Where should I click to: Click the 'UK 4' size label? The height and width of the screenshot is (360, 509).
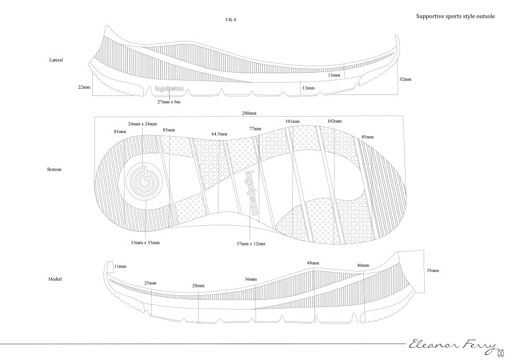click(x=231, y=20)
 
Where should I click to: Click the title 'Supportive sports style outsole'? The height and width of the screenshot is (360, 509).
click(x=455, y=16)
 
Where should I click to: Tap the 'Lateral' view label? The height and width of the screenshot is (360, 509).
click(x=56, y=60)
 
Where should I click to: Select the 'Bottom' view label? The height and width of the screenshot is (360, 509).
click(x=54, y=170)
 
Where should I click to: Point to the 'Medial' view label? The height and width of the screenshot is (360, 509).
click(x=55, y=279)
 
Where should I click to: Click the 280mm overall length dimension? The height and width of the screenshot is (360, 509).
click(x=249, y=113)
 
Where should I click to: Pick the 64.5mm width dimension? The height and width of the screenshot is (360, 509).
click(x=220, y=134)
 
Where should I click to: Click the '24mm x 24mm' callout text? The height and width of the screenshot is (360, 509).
click(x=143, y=124)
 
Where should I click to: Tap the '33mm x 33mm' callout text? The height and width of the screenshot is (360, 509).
click(x=145, y=242)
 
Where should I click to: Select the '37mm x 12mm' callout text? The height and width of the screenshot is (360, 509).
click(x=251, y=244)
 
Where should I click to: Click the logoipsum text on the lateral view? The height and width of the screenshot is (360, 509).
click(x=169, y=89)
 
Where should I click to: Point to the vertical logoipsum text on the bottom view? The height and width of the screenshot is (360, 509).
click(x=250, y=193)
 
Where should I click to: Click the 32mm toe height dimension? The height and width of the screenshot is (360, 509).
click(x=405, y=79)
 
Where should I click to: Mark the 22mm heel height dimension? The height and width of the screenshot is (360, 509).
click(x=84, y=87)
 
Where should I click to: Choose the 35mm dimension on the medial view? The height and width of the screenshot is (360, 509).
click(x=433, y=270)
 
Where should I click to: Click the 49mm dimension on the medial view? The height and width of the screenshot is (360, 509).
click(x=313, y=263)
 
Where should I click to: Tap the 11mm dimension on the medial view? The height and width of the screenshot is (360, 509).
click(x=120, y=267)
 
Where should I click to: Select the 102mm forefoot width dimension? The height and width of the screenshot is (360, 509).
click(x=335, y=121)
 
